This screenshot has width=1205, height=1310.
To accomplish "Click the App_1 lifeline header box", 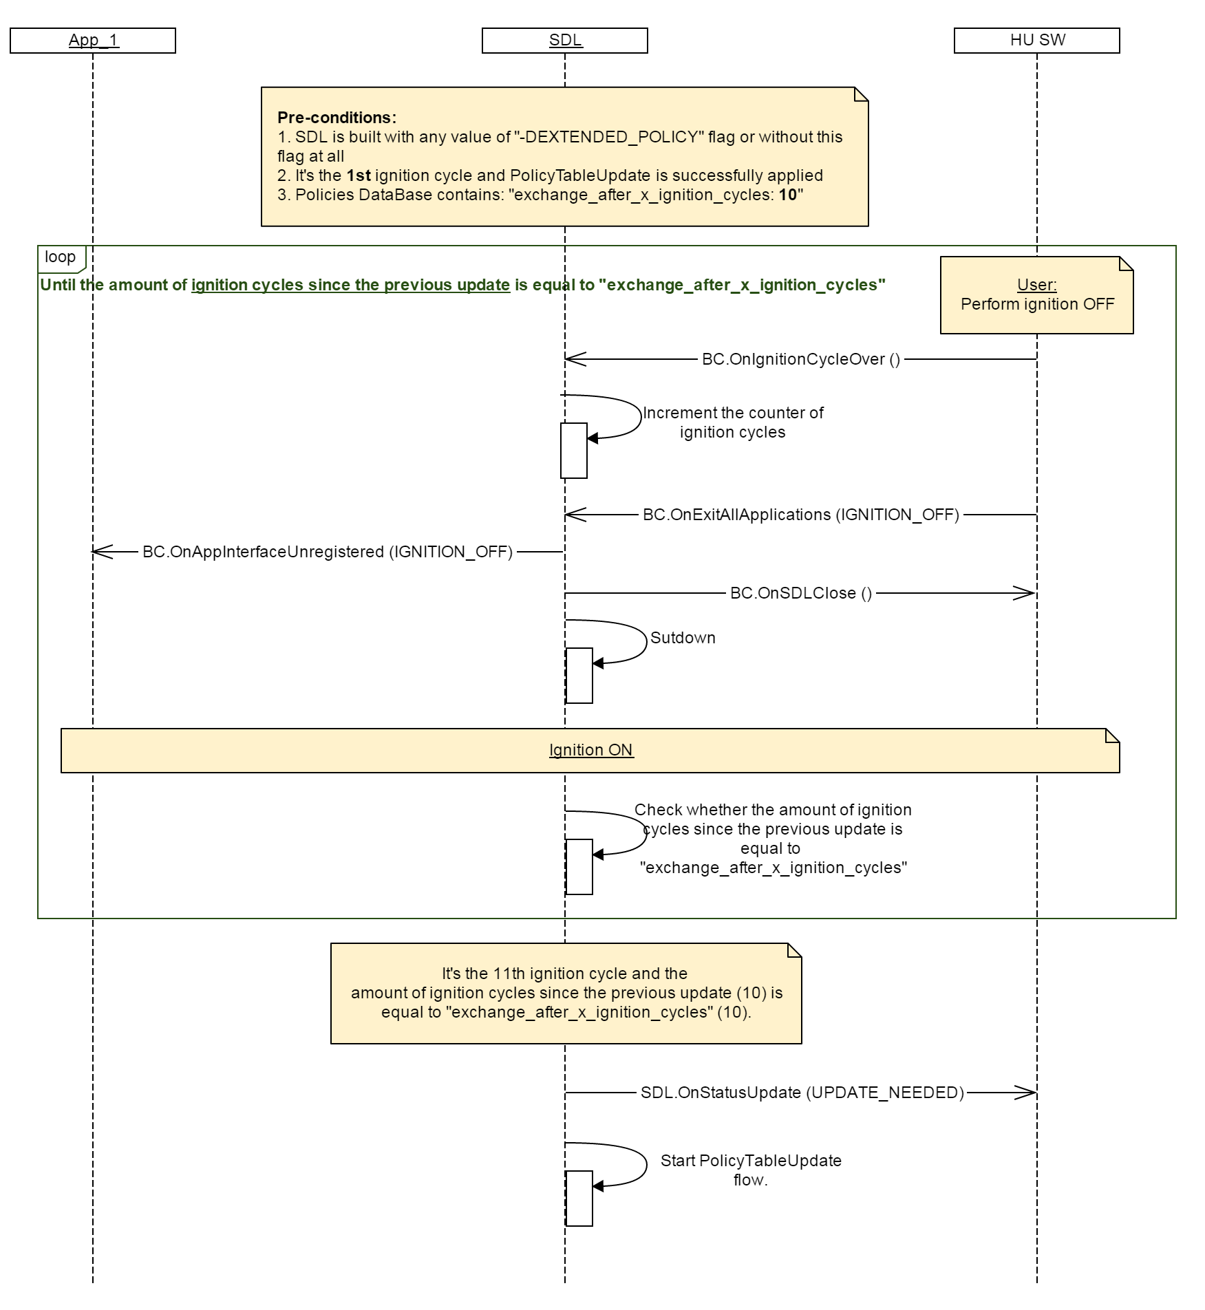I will click(x=93, y=41).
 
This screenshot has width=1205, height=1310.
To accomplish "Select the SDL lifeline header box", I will click(x=564, y=41).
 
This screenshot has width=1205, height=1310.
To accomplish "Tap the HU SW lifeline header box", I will click(x=1036, y=41).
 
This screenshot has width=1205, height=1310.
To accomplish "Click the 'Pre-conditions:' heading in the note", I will click(x=337, y=118).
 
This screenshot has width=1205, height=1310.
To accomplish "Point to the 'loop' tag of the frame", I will click(x=61, y=257).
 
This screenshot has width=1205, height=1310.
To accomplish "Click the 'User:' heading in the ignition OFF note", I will click(x=1036, y=285).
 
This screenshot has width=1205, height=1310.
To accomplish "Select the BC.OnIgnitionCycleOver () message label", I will click(x=800, y=359).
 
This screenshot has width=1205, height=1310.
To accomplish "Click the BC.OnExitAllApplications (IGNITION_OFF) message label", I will click(x=800, y=515).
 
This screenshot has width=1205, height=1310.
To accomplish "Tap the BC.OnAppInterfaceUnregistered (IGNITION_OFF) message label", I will click(x=328, y=552).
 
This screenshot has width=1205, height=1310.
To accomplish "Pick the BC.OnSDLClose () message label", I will click(x=800, y=593).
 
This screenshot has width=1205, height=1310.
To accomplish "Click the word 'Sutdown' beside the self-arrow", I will click(x=683, y=638).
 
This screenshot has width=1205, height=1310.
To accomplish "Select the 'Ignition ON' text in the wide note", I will click(x=590, y=750).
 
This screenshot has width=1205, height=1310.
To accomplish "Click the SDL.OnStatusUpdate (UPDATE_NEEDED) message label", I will click(x=802, y=1093).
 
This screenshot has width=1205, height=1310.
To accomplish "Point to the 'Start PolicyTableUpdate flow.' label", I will click(x=751, y=1170).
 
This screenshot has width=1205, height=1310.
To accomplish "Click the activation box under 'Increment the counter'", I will click(x=574, y=451).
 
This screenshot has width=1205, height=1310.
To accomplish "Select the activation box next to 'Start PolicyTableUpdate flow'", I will click(x=579, y=1198).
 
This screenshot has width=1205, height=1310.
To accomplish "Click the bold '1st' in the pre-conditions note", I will click(x=359, y=175).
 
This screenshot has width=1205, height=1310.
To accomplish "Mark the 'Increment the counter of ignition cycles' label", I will click(x=732, y=422).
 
